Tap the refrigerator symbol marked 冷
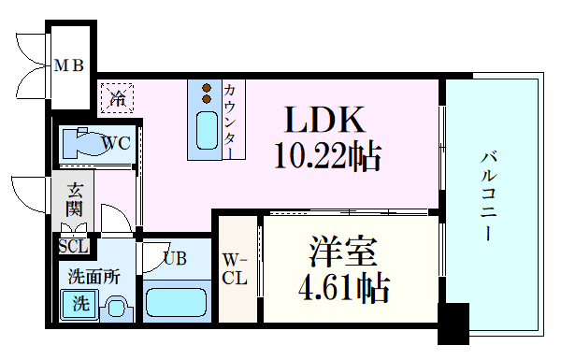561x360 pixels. point(118,96)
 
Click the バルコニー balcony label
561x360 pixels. point(488,195)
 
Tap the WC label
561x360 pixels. point(116,144)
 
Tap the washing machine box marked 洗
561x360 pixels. point(79,304)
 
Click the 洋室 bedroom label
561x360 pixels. point(343,252)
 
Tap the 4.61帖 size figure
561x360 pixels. point(345,288)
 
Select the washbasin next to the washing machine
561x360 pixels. point(116,306)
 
